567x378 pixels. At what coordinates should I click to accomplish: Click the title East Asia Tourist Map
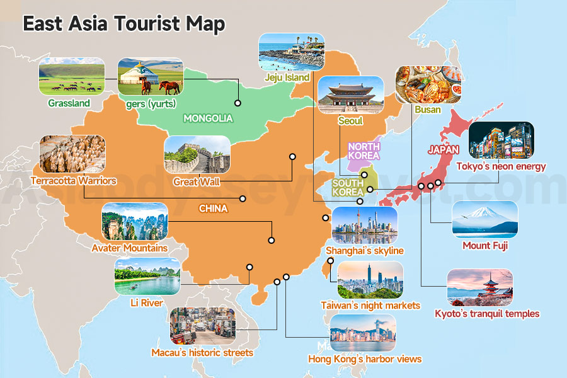click(x=123, y=24)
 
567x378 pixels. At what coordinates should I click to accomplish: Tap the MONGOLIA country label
click(x=208, y=118)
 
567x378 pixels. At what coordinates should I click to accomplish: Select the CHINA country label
click(x=213, y=209)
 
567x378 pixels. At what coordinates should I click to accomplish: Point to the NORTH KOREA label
click(x=364, y=151)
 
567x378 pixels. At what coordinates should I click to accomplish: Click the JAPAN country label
click(x=443, y=150)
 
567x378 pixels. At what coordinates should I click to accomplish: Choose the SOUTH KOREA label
click(x=348, y=187)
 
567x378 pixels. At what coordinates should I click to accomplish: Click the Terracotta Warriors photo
click(x=72, y=154)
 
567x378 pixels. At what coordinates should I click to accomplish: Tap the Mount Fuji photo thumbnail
click(x=484, y=220)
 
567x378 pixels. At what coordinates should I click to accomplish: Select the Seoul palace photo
click(x=351, y=95)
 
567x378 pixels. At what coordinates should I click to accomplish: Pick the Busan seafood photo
click(x=428, y=84)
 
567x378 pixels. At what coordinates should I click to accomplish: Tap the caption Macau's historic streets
click(x=202, y=353)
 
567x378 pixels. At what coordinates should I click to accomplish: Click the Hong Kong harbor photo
click(x=363, y=333)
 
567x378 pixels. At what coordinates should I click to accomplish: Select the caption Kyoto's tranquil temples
click(x=487, y=313)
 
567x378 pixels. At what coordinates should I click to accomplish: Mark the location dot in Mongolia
click(x=238, y=103)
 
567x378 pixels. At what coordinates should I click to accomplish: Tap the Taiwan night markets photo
click(x=370, y=280)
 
